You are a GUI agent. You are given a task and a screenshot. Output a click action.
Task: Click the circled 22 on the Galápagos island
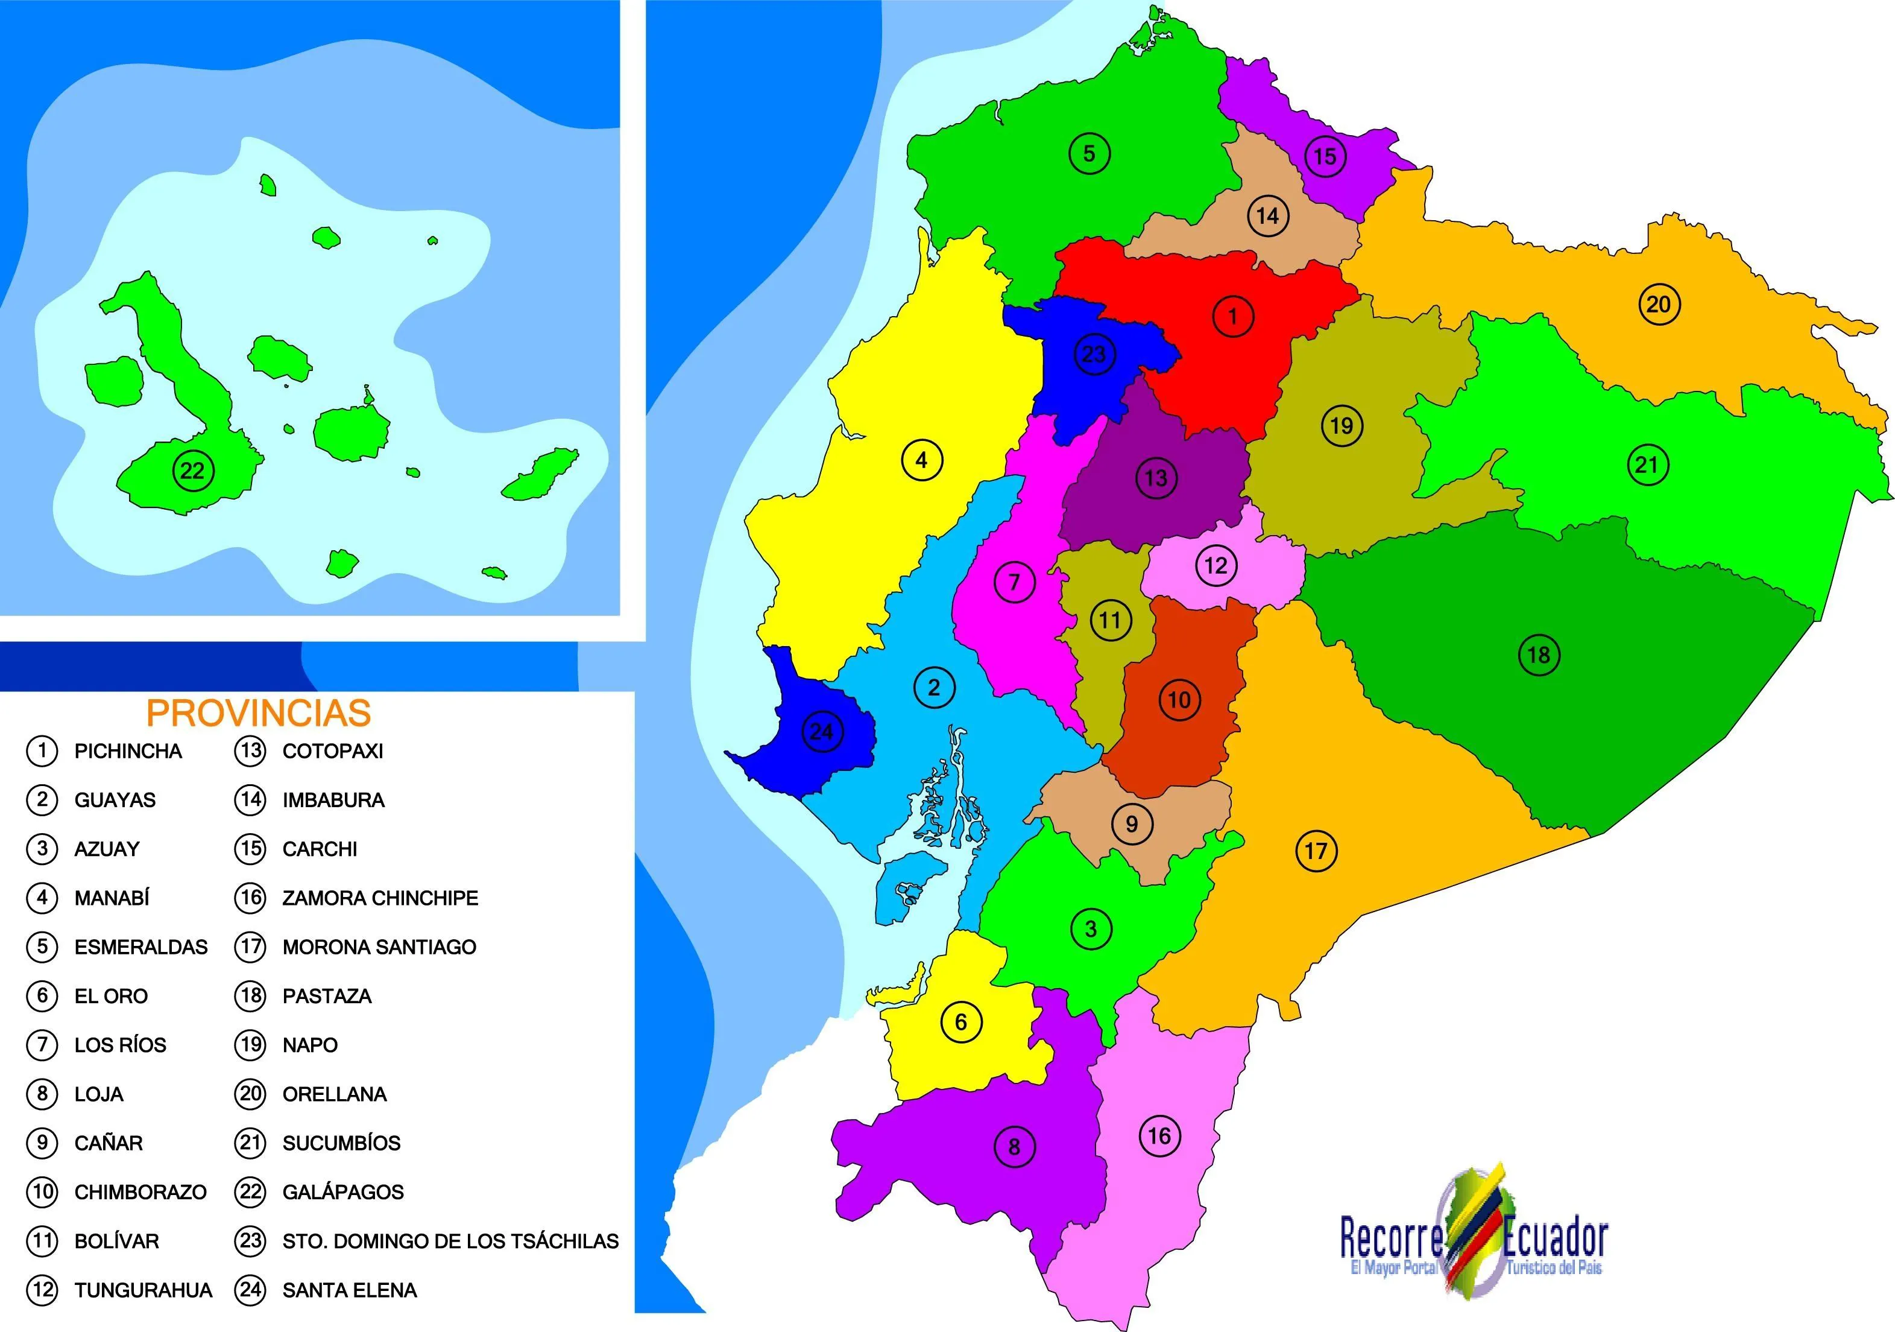pyautogui.click(x=192, y=471)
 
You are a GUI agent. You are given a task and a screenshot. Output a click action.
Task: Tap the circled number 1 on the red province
pyautogui.click(x=1233, y=316)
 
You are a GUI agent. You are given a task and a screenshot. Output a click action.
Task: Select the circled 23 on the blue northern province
pyautogui.click(x=1094, y=354)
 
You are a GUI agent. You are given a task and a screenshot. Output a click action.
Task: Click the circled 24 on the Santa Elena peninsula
pyautogui.click(x=822, y=732)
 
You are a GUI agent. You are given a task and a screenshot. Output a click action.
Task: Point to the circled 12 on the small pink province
pyautogui.click(x=1216, y=566)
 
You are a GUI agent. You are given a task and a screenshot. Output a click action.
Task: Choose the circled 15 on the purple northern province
pyautogui.click(x=1325, y=156)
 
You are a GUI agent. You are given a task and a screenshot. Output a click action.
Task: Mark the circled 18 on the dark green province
pyautogui.click(x=1539, y=656)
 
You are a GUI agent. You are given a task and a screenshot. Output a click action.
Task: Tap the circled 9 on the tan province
pyautogui.click(x=1132, y=823)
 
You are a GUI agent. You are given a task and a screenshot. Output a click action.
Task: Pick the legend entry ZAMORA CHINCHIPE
pyautogui.click(x=380, y=898)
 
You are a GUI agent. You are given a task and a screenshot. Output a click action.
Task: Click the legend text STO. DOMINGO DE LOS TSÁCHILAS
pyautogui.click(x=450, y=1241)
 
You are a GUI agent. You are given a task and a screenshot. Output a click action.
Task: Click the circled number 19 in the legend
pyautogui.click(x=250, y=1045)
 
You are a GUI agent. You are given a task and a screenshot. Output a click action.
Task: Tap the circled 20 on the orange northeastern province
pyautogui.click(x=1659, y=305)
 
